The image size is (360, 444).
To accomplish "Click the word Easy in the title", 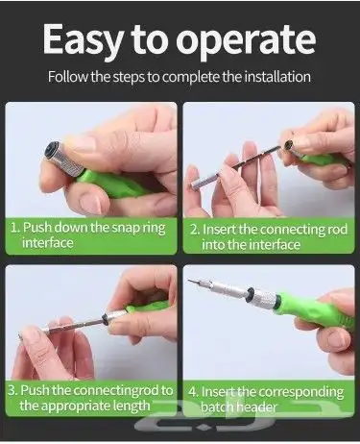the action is [83, 39].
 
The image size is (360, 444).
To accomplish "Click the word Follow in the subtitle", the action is [67, 77].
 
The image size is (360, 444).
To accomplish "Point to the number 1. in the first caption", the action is [15, 228].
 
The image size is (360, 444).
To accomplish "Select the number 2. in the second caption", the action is [195, 230].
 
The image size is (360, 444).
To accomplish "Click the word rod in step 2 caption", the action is [337, 230].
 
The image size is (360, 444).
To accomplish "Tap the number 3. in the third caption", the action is [13, 390].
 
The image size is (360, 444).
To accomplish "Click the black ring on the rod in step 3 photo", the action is [104, 318].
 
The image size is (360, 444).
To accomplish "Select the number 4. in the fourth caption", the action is [193, 391].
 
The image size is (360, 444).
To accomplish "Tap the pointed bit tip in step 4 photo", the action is [188, 280].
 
